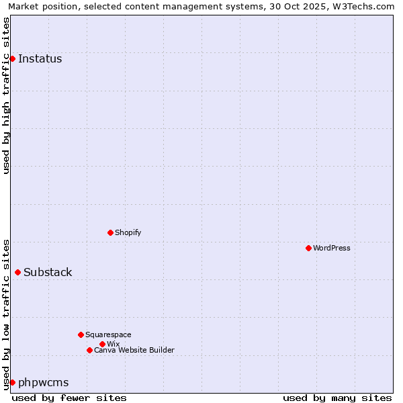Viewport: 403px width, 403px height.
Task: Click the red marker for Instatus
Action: pyautogui.click(x=12, y=59)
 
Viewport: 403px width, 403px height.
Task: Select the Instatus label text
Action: pyautogui.click(x=40, y=59)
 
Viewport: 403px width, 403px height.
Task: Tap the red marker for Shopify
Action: pyautogui.click(x=110, y=233)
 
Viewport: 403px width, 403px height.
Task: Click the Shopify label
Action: pyautogui.click(x=128, y=233)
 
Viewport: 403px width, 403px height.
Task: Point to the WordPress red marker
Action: pyautogui.click(x=308, y=249)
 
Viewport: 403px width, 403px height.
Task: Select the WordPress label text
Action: pyautogui.click(x=332, y=249)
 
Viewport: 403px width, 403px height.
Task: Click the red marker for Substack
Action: pyautogui.click(x=17, y=272)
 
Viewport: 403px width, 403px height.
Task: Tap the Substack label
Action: pyautogui.click(x=48, y=273)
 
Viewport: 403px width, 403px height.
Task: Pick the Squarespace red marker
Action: pyautogui.click(x=81, y=334)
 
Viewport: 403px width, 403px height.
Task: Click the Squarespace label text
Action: pyautogui.click(x=108, y=334)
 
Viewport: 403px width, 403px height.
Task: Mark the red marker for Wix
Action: pyautogui.click(x=102, y=344)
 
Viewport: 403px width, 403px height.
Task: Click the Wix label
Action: pyautogui.click(x=113, y=344)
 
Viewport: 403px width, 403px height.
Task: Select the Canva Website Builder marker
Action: pyautogui.click(x=89, y=350)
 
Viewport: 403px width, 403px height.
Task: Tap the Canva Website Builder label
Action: pyautogui.click(x=134, y=350)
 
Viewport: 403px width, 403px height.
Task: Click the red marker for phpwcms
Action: pyautogui.click(x=12, y=382)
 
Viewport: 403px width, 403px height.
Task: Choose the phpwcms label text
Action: pyautogui.click(x=43, y=383)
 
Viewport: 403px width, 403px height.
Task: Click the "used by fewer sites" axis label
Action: pyautogui.click(x=69, y=398)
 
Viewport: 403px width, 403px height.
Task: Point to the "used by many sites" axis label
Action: pyautogui.click(x=337, y=398)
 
